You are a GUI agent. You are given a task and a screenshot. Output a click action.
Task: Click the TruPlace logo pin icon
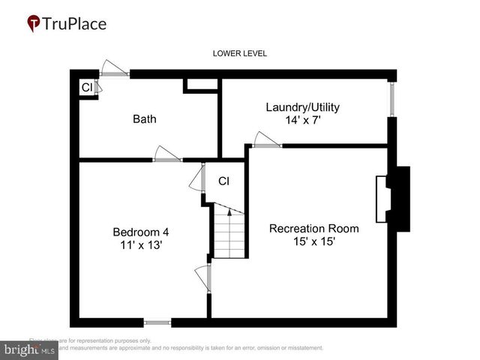[x=34, y=24]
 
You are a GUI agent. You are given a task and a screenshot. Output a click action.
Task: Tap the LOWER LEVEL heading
[x=239, y=53]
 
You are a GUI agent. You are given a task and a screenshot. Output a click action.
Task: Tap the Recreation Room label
[x=313, y=228]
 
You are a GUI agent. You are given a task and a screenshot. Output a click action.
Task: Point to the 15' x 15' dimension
[x=313, y=241]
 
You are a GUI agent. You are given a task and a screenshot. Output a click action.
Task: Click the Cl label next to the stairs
[x=223, y=181]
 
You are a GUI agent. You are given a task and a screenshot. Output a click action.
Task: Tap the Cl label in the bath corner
[x=86, y=88]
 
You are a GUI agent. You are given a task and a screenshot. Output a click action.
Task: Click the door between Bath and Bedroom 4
[x=167, y=155]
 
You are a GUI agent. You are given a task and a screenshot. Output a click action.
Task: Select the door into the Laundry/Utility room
[x=267, y=141]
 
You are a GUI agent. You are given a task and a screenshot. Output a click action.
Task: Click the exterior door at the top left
[x=115, y=70]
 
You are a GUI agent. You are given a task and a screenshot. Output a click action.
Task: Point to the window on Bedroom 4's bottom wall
[x=157, y=323]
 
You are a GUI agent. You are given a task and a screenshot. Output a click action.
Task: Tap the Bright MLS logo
[x=29, y=349]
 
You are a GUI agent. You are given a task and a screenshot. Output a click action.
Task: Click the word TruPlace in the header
[x=75, y=23]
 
